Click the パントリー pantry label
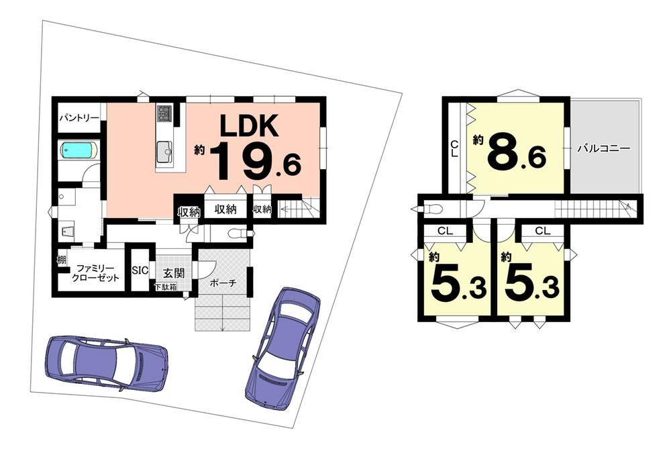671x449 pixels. pyautogui.click(x=79, y=117)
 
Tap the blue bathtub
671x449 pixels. pyautogui.click(x=79, y=150)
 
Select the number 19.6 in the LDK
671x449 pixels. pyautogui.click(x=256, y=161)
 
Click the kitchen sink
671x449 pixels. pyautogui.click(x=164, y=152)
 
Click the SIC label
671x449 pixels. pyautogui.click(x=140, y=270)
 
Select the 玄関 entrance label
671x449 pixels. pyautogui.click(x=174, y=272)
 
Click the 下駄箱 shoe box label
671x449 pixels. pyautogui.click(x=166, y=287)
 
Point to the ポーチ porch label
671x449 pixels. pyautogui.click(x=223, y=283)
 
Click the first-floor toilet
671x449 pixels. pyautogui.click(x=239, y=234)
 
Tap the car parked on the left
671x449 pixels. pyautogui.click(x=107, y=362)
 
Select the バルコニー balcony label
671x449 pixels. pyautogui.click(x=604, y=148)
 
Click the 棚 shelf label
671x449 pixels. pyautogui.click(x=62, y=259)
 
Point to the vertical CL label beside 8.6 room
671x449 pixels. pyautogui.click(x=454, y=149)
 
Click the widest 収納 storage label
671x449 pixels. pyautogui.click(x=225, y=209)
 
